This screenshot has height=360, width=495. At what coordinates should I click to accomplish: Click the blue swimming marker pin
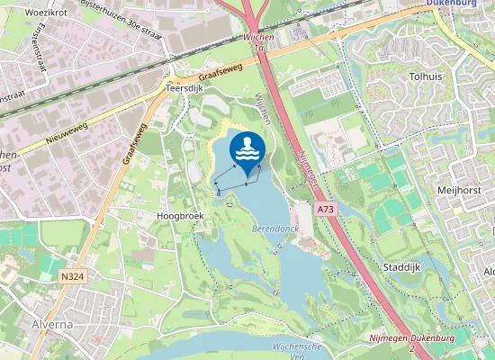(247, 151)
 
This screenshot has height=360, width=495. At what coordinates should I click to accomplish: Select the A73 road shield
(326, 208)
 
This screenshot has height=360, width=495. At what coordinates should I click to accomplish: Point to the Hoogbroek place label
(181, 217)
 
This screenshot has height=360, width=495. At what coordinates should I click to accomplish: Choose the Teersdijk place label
(186, 89)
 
